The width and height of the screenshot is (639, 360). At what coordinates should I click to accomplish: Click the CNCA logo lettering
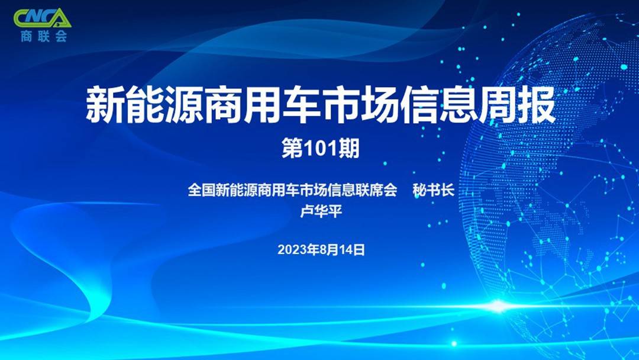click(x=43, y=18)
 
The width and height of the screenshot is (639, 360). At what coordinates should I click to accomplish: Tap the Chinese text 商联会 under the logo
click(x=44, y=36)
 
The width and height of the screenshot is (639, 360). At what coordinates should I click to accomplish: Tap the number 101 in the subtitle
click(x=321, y=149)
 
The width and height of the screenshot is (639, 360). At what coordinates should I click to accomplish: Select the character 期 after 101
click(x=348, y=149)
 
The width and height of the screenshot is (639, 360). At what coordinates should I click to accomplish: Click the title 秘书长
click(x=433, y=190)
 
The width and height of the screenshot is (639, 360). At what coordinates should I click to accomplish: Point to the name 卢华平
click(x=321, y=211)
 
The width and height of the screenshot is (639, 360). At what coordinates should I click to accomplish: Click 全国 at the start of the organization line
click(x=201, y=190)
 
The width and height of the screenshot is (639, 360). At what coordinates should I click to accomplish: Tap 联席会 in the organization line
click(x=376, y=190)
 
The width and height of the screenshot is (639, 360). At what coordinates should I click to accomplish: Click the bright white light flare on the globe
click(x=498, y=306)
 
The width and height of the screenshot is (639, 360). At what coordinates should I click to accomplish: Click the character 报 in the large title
click(x=537, y=104)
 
